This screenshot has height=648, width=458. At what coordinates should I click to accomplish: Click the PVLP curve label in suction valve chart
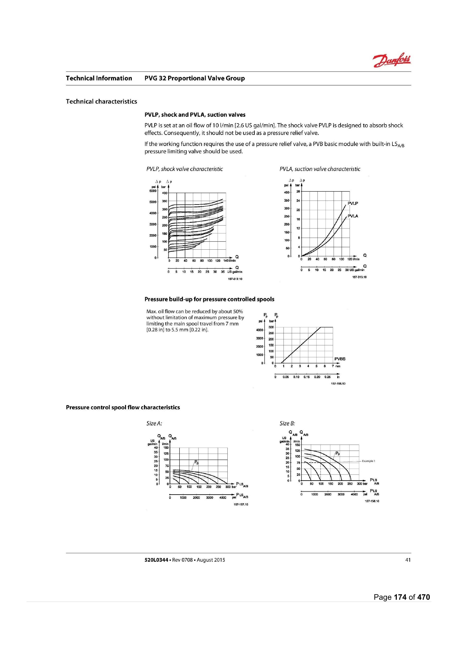[353, 203]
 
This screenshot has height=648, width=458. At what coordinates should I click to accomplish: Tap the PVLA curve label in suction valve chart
[353, 216]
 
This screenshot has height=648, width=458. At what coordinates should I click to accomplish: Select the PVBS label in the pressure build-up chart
[340, 359]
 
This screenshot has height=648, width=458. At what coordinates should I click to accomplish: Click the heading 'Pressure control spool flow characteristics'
[123, 407]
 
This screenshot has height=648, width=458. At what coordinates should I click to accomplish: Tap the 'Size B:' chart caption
[287, 423]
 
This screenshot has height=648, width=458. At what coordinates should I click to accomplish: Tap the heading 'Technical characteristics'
[101, 102]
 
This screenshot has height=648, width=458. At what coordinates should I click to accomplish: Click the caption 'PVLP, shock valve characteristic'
[184, 169]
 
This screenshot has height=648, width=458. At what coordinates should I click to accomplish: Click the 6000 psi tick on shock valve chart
[153, 191]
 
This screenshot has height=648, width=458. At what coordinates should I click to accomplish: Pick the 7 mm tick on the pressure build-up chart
[333, 366]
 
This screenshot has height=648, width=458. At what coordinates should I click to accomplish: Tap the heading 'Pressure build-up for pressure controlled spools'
[209, 299]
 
